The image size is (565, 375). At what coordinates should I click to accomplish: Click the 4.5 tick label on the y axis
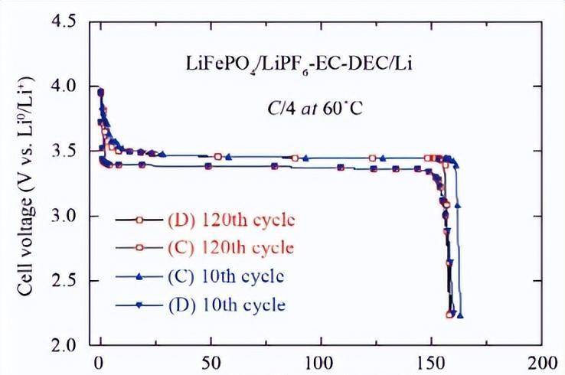point(64,24)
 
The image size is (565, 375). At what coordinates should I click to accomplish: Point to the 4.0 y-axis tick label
point(64,88)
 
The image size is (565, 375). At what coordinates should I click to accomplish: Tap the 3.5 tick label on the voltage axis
point(64,152)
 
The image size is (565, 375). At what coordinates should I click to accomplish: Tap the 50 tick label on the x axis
point(208,362)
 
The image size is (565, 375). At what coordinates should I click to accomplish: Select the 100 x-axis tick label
point(319,362)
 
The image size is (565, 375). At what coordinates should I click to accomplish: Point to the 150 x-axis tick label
point(429,362)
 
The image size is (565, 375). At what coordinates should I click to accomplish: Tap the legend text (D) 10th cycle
point(226,304)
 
